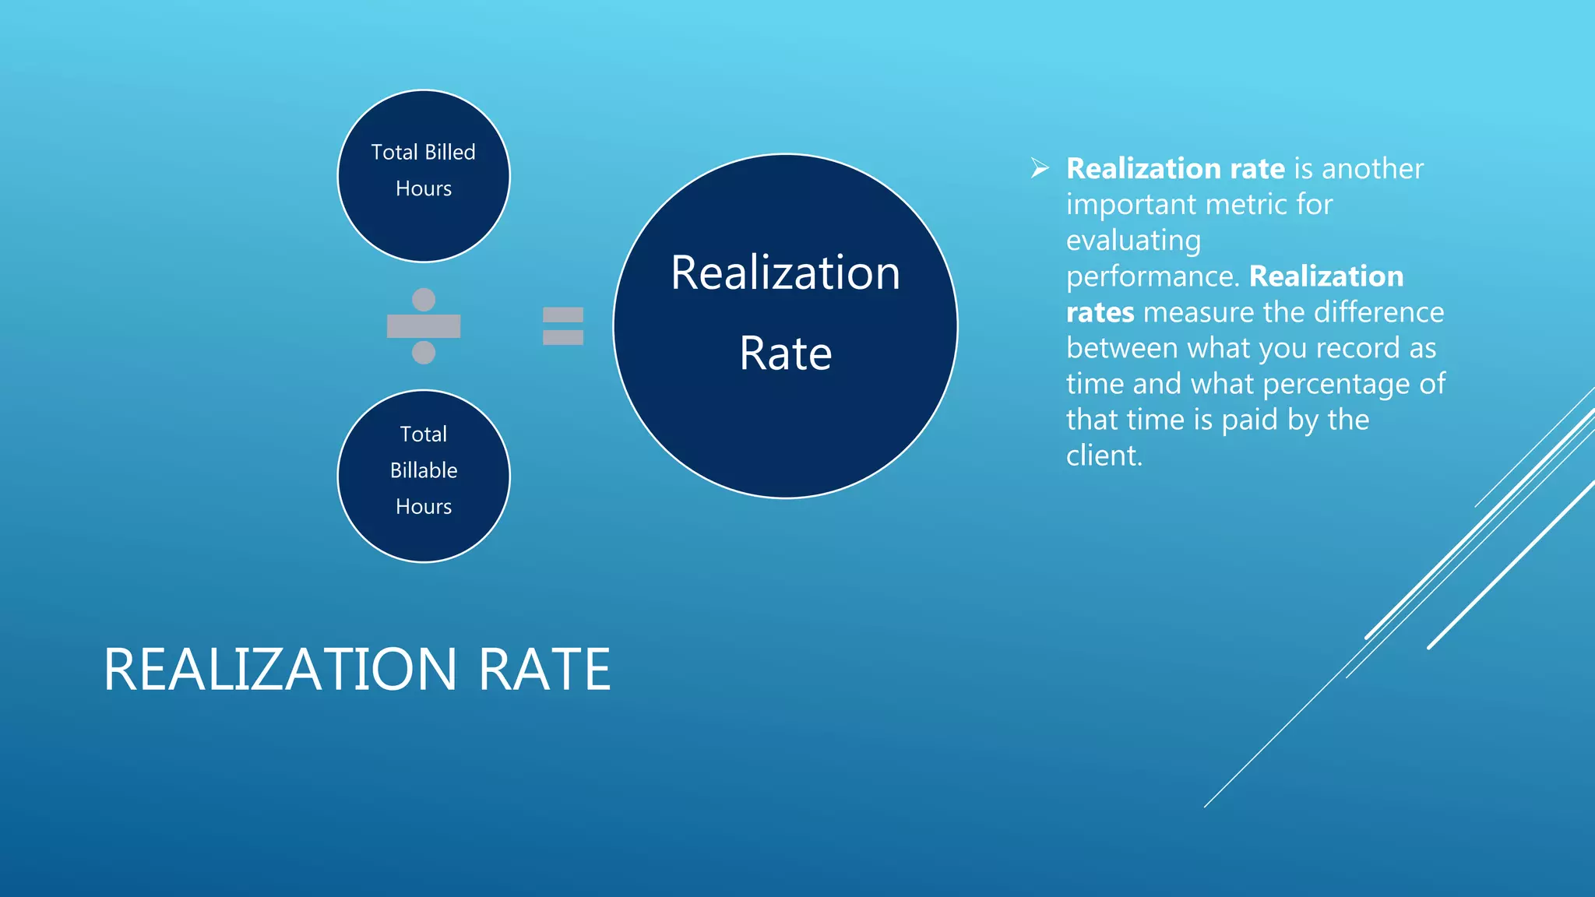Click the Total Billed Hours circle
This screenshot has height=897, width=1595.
coord(424,176)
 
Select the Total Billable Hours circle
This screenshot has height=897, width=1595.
coord(424,476)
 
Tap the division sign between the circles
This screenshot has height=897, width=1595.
coord(424,325)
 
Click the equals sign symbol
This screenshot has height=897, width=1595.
coord(563,325)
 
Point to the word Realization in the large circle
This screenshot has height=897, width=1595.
coord(785,273)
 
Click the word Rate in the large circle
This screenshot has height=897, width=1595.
coord(785,354)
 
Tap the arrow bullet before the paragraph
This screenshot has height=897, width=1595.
coord(1040,167)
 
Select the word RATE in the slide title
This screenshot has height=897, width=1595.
coord(544,670)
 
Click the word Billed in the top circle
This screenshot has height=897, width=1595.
coord(450,152)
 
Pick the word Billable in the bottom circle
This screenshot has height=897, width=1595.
coord(424,470)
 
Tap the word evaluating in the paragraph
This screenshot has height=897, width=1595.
coord(1133,241)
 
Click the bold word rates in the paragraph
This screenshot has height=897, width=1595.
coord(1100,312)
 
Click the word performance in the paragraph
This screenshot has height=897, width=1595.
coord(1150,277)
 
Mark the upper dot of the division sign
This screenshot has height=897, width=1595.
coord(424,299)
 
